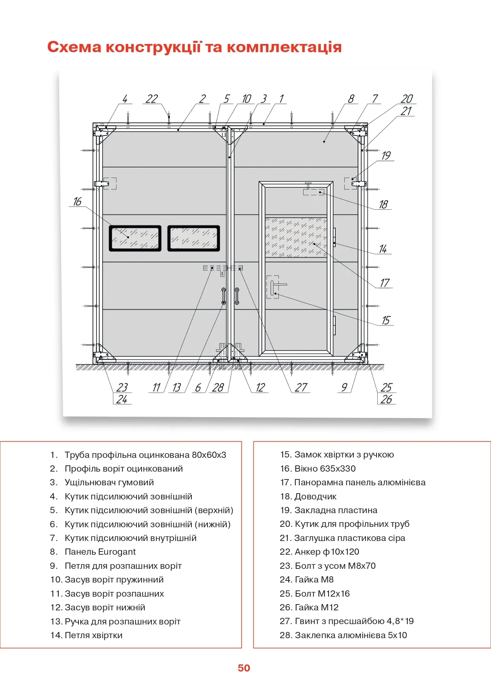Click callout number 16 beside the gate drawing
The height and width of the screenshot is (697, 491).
pyautogui.click(x=77, y=201)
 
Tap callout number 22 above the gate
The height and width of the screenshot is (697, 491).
pyautogui.click(x=151, y=99)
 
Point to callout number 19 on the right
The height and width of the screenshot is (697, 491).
pyautogui.click(x=386, y=156)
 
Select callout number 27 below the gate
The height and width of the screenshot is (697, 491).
pyautogui.click(x=301, y=387)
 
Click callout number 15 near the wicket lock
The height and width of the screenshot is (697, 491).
pyautogui.click(x=386, y=320)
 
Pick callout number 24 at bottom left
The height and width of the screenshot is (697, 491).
pyautogui.click(x=122, y=399)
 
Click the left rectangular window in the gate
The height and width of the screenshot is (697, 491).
pyautogui.click(x=135, y=238)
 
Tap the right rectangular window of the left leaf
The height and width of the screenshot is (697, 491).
pyautogui.click(x=194, y=238)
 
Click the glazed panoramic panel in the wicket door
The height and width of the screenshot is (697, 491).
pyautogui.click(x=296, y=237)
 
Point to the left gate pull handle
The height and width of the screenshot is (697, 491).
pyautogui.click(x=224, y=296)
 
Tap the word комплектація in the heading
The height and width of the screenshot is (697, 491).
pyautogui.click(x=284, y=47)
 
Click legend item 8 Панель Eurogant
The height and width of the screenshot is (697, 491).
pyautogui.click(x=93, y=552)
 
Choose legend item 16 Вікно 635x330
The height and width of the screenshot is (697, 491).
pyautogui.click(x=318, y=469)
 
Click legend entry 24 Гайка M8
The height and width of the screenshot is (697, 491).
pyautogui.click(x=307, y=580)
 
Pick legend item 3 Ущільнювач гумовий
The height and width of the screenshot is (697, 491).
pyautogui.click(x=102, y=483)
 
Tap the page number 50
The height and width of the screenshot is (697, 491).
pyautogui.click(x=244, y=668)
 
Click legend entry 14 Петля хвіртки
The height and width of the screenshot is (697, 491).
pyautogui.click(x=86, y=635)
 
